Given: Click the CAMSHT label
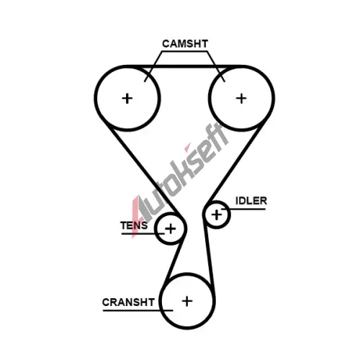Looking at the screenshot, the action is pyautogui.click(x=185, y=44).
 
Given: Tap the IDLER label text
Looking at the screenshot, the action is pyautogui.click(x=251, y=201).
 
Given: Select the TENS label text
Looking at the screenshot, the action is pyautogui.click(x=134, y=225).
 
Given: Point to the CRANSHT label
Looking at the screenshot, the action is pyautogui.click(x=128, y=302).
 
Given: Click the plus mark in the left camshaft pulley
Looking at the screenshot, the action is pyautogui.click(x=127, y=99).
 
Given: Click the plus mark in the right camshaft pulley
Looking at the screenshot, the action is pyautogui.click(x=241, y=99).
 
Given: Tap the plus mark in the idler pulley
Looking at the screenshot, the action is pyautogui.click(x=217, y=215).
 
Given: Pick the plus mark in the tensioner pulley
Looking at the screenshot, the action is pyautogui.click(x=171, y=229).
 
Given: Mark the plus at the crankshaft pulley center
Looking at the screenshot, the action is pyautogui.click(x=187, y=301).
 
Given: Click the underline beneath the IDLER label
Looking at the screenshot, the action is pyautogui.click(x=243, y=209).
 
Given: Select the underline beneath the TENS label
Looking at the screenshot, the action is pyautogui.click(x=143, y=233).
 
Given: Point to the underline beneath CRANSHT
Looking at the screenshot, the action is pyautogui.click(x=138, y=310).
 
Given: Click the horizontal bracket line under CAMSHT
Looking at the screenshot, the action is pyautogui.click(x=185, y=51).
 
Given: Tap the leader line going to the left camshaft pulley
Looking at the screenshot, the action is pyautogui.click(x=153, y=66).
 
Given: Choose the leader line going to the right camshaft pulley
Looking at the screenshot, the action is pyautogui.click(x=216, y=66).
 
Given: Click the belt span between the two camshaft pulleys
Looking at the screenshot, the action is pyautogui.click(x=184, y=66).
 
